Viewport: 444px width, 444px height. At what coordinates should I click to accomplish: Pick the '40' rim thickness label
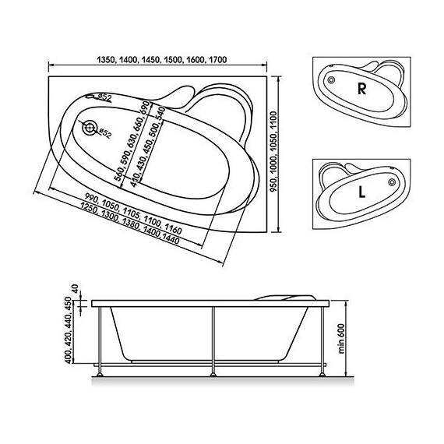click(76, 291)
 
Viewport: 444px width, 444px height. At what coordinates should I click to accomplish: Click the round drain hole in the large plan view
click(92, 128)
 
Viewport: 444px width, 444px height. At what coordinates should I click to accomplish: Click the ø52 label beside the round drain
click(107, 134)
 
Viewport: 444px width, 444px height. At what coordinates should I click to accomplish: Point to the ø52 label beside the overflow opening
click(108, 97)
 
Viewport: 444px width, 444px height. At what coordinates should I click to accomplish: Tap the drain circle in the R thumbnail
click(332, 81)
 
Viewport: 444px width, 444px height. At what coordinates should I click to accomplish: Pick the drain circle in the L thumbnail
click(390, 185)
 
